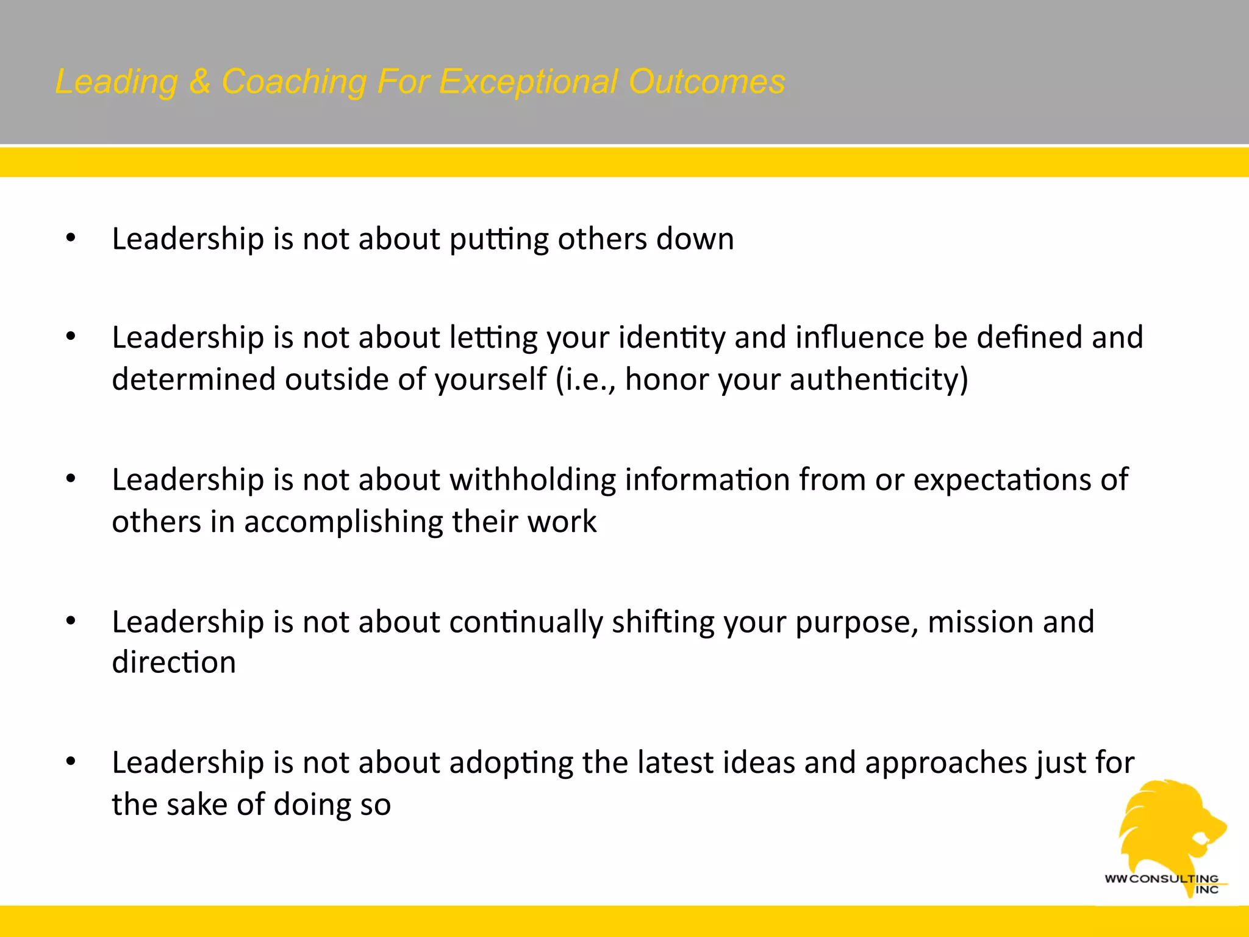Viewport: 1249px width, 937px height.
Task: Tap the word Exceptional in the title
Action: [x=528, y=82]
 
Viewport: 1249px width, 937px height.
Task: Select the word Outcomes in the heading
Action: [x=707, y=82]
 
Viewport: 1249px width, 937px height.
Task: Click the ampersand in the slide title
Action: [x=199, y=82]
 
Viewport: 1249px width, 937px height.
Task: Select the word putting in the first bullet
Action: [x=499, y=240]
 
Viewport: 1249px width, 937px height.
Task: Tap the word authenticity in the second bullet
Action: [x=878, y=379]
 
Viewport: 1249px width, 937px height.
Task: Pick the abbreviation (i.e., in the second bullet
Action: [x=585, y=379]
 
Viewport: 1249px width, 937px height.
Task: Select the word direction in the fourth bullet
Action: [x=174, y=662]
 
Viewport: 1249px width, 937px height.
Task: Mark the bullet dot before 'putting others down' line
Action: [x=71, y=238]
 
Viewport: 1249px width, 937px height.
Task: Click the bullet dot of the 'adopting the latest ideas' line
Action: [x=71, y=761]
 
